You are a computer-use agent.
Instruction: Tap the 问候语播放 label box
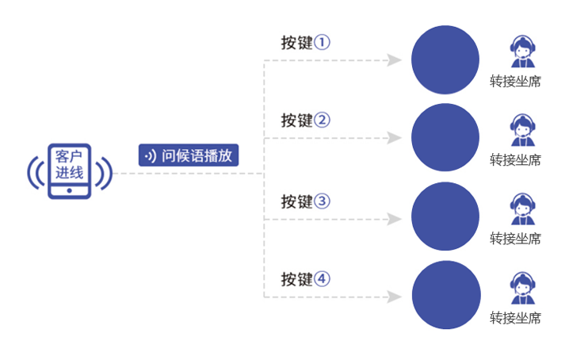coord(189,155)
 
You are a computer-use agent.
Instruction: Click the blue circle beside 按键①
coord(445,59)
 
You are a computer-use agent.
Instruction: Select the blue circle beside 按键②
coord(445,138)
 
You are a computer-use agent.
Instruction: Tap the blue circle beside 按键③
coord(445,216)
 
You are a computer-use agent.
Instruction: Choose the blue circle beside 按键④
coord(445,295)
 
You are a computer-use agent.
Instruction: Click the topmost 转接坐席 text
coord(515,81)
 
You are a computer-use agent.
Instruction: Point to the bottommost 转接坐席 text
coord(515,319)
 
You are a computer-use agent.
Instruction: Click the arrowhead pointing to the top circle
coord(394,59)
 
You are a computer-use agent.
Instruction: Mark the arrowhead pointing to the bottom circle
coord(394,297)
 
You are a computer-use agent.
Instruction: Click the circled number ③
coord(321,201)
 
